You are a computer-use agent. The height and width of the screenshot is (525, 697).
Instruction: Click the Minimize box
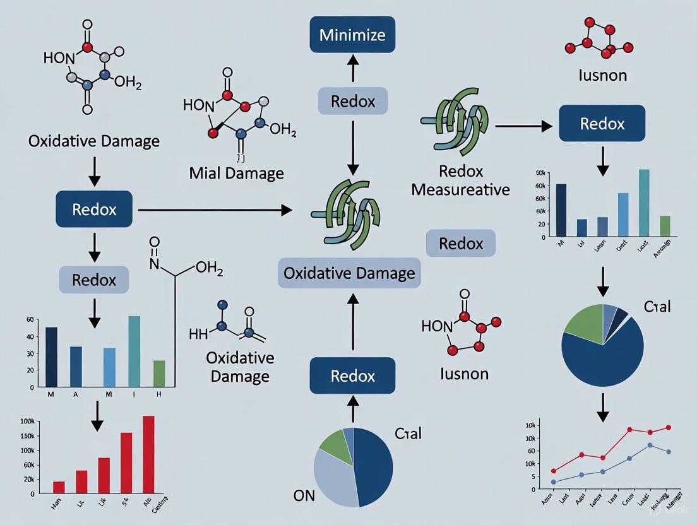[352, 34]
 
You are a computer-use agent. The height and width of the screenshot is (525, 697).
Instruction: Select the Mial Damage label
[237, 173]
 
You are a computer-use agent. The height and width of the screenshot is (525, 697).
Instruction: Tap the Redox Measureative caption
[460, 180]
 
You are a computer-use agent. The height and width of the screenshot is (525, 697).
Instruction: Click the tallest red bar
[148, 454]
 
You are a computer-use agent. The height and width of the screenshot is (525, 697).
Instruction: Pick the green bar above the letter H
[159, 373]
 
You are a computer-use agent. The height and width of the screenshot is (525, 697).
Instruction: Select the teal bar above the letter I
[134, 351]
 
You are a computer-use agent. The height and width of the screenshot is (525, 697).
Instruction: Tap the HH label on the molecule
[198, 334]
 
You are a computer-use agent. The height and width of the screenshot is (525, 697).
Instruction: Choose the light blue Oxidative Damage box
[349, 273]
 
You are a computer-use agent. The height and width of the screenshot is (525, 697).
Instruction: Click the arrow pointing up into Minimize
[353, 65]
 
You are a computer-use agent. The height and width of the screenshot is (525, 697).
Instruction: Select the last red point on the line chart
[669, 427]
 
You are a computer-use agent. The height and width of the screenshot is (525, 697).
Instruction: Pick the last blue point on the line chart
[669, 452]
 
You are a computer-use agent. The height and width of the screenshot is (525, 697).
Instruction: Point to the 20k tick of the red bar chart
[28, 480]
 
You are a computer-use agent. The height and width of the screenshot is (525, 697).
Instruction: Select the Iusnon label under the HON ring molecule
[464, 374]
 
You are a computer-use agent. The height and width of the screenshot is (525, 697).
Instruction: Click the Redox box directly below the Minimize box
[352, 102]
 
